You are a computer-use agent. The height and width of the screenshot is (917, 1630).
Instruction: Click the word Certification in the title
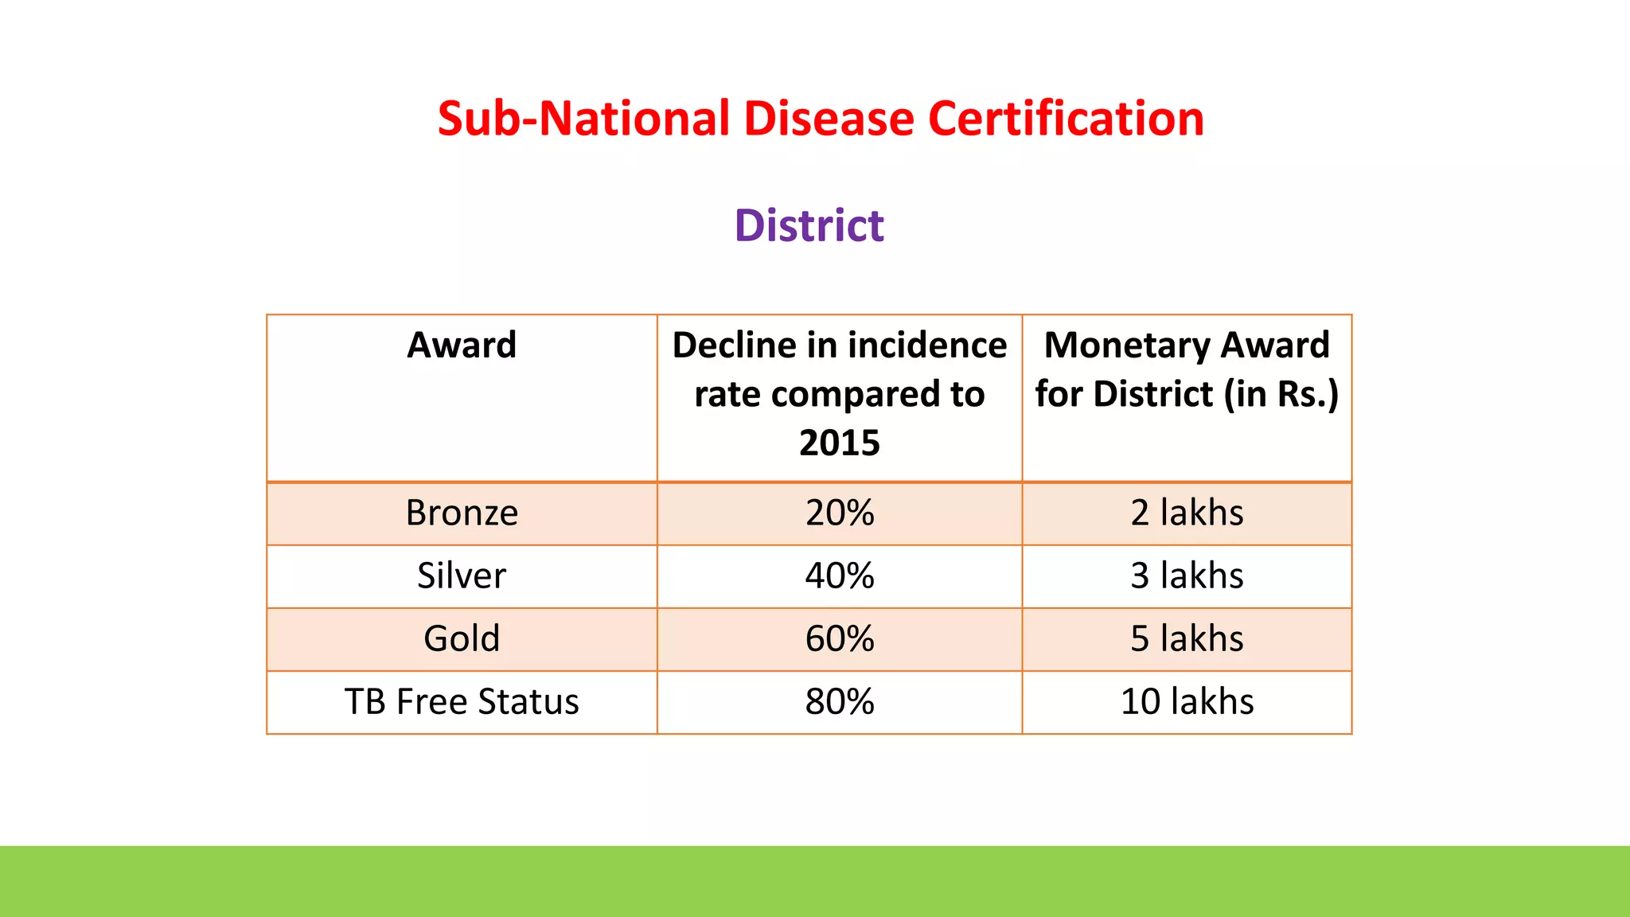(x=1066, y=119)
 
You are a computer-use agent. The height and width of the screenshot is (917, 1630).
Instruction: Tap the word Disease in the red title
(x=829, y=119)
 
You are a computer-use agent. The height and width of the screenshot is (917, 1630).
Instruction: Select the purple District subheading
(x=809, y=225)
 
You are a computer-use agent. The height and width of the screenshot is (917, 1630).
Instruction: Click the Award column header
(x=462, y=345)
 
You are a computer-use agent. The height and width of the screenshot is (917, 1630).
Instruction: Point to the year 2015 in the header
(x=840, y=443)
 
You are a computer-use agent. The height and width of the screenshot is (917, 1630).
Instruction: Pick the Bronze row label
(x=462, y=513)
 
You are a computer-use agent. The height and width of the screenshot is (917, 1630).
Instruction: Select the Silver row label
(x=462, y=576)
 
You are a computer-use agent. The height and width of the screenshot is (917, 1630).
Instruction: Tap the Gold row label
(x=462, y=638)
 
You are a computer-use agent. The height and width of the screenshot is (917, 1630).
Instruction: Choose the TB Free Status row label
(x=462, y=701)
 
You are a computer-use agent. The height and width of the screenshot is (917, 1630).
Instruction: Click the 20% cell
(x=840, y=513)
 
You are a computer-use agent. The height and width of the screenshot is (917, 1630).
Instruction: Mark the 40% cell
(x=840, y=576)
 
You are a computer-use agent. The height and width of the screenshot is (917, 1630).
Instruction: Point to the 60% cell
(x=840, y=638)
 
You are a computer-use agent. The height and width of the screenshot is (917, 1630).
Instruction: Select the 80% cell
(x=840, y=701)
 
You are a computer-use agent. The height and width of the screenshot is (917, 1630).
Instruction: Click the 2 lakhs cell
(x=1187, y=513)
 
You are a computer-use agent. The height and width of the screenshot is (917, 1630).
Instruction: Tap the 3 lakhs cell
(x=1187, y=576)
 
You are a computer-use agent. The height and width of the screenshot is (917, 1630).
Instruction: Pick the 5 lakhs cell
(x=1187, y=638)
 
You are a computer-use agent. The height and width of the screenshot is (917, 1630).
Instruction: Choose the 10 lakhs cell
(x=1187, y=701)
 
